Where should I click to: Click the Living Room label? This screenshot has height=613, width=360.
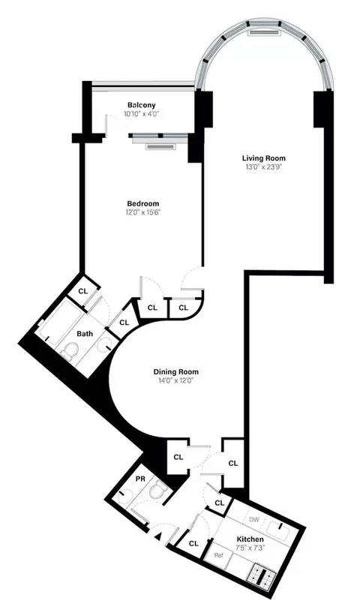[x=263, y=158]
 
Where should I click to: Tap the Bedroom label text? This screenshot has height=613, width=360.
[x=142, y=203]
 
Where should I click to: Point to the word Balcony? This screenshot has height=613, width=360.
[x=141, y=105]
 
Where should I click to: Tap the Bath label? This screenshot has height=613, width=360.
[x=84, y=335]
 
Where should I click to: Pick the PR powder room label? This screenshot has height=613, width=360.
[x=140, y=479]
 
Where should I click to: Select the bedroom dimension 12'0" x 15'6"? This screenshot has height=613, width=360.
[x=142, y=212]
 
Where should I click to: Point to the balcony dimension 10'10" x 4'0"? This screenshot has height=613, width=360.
[x=141, y=114]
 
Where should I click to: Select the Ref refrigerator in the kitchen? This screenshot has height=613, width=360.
[x=219, y=555]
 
